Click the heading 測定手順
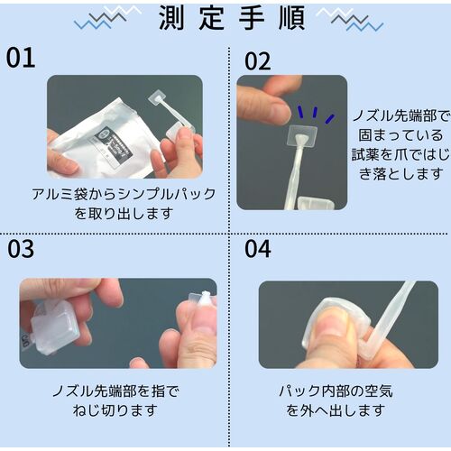(x=232, y=18)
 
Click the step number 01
(x=21, y=58)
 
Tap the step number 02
(x=258, y=61)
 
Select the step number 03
(x=21, y=249)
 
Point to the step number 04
(x=258, y=249)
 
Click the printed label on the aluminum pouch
(x=114, y=144)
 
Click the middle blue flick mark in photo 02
(x=315, y=112)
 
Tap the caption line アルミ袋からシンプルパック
(x=124, y=194)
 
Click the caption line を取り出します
(x=124, y=214)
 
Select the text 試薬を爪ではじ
(x=400, y=155)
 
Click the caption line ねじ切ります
(x=115, y=410)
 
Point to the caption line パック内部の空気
(x=336, y=391)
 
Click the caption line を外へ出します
(x=336, y=410)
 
